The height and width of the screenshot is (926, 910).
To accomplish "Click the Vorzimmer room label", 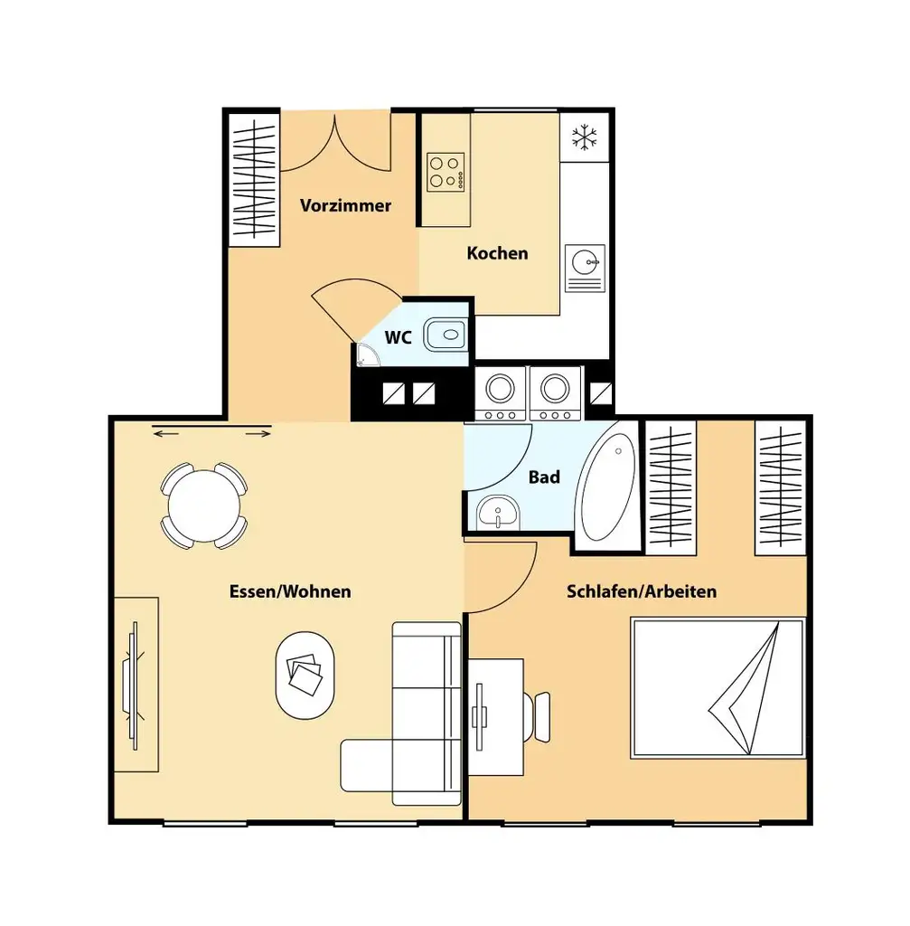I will point(345,205).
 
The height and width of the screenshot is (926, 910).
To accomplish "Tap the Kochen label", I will point(497,253).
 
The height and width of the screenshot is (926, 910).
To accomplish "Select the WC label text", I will point(399,337).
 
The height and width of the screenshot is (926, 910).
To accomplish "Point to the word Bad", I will point(544,477).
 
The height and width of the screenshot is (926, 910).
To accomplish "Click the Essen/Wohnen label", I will point(290,591).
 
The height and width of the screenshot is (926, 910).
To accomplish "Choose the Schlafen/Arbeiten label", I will point(642,591).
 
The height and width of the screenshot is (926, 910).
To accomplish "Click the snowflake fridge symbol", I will point(586,137).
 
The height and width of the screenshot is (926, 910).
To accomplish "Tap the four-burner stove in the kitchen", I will point(446,172).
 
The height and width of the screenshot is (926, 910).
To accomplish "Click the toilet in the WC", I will point(446,335).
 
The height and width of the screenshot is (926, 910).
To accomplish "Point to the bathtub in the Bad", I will point(608,486).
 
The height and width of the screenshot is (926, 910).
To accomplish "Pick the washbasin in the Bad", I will point(495,514).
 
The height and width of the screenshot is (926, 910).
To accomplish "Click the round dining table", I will point(204,505).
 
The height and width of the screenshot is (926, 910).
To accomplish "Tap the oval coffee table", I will point(305,674).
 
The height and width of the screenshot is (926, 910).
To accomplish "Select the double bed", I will point(718,687).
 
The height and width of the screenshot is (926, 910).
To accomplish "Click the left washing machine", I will point(501,392).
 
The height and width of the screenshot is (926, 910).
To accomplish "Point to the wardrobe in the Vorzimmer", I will point(253,177).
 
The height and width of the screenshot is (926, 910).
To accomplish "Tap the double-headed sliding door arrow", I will point(212,435).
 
